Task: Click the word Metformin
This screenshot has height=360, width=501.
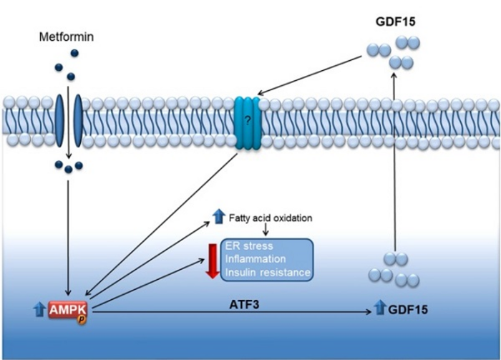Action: click(67, 34)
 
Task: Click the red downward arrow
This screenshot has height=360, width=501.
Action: click(211, 258)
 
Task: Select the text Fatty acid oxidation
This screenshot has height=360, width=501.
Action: click(266, 218)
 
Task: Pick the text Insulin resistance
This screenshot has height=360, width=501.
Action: click(267, 273)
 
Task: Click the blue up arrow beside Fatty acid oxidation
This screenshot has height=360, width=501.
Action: click(218, 216)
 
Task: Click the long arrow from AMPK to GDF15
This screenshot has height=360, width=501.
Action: click(236, 311)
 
